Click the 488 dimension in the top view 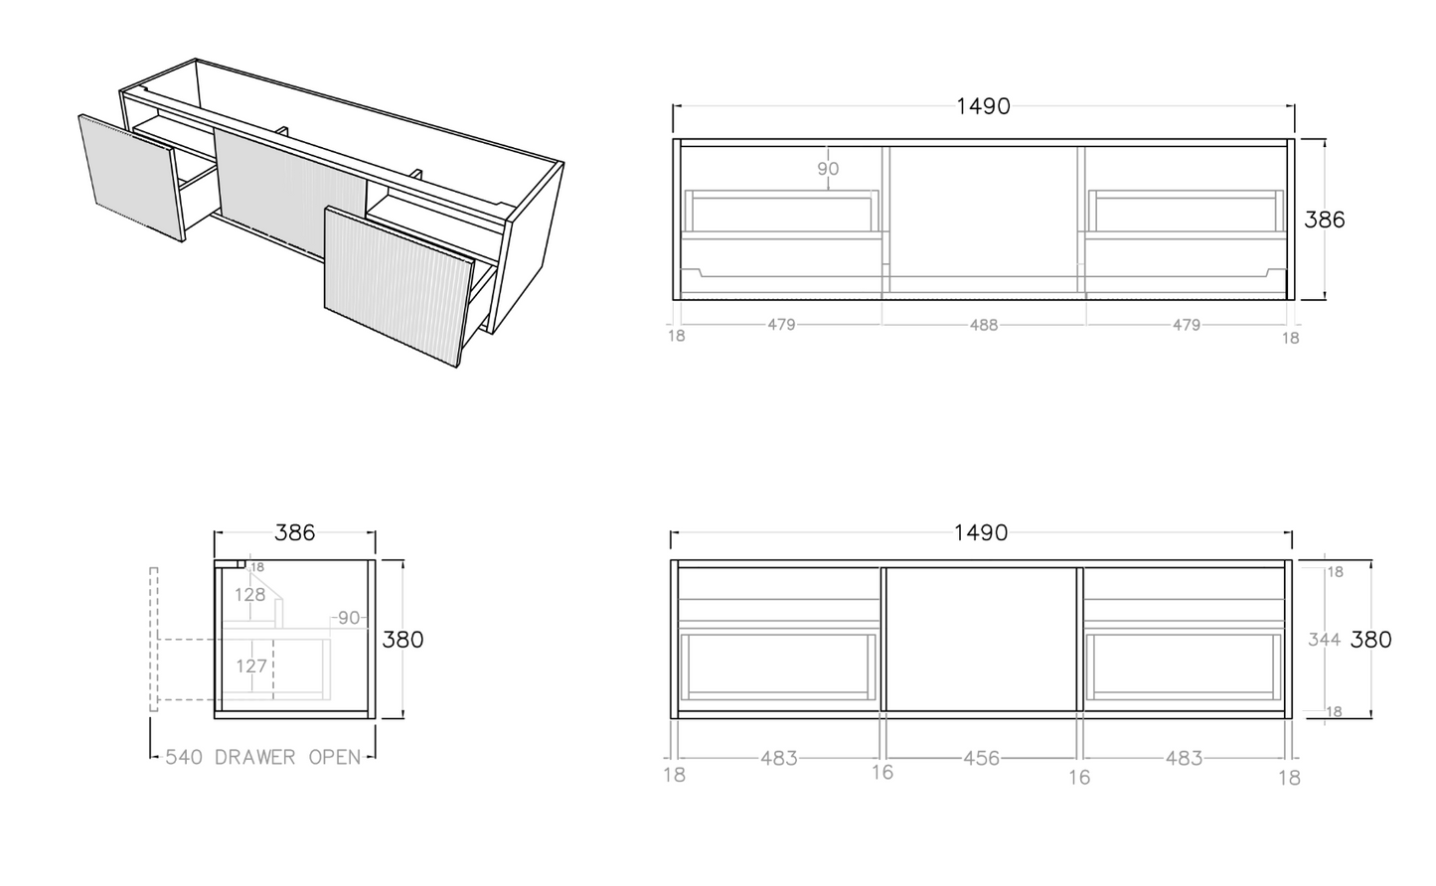984,326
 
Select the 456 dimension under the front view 981,759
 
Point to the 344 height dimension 1325,640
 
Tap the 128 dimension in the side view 250,595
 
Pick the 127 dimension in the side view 251,666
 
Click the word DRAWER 255,757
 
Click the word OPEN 335,757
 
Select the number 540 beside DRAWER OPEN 185,757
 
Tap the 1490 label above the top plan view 984,106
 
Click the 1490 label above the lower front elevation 981,533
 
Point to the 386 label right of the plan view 1325,220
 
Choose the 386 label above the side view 295,533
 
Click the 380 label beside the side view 402,640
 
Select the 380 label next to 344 1370,640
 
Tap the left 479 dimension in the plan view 781,325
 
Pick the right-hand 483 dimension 1184,759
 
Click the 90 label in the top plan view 828,169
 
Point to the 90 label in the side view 349,618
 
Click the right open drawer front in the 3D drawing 399,286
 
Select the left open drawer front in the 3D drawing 131,178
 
